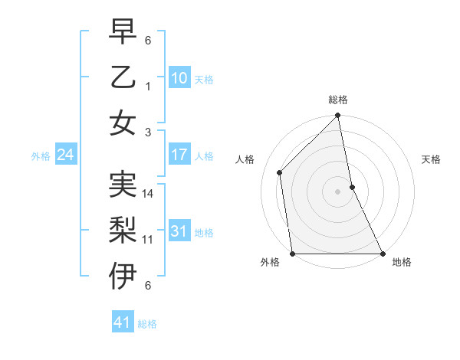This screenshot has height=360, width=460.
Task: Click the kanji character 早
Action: [x=123, y=32]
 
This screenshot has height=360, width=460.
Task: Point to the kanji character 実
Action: [x=123, y=185]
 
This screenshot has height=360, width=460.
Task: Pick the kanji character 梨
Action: [x=123, y=230]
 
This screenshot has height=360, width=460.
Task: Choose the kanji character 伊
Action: [x=123, y=276]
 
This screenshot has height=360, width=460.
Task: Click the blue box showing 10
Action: [x=179, y=77]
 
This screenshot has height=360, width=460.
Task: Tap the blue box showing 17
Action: [x=179, y=155]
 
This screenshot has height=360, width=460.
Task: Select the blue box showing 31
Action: [x=179, y=231]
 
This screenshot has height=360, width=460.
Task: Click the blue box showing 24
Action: [x=65, y=155]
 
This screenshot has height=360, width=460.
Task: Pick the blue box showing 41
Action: [x=123, y=322]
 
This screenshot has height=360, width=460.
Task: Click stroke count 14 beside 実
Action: [x=149, y=194]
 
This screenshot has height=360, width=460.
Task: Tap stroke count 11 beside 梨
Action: [x=148, y=239]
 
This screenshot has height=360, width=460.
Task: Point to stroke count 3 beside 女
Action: [x=149, y=132]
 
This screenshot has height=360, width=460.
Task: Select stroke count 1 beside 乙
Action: [x=149, y=87]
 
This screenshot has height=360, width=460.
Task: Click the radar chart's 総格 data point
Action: [x=338, y=116]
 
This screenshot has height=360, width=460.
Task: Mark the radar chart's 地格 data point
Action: [x=383, y=254]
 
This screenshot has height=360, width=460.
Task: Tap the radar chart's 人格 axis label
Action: [x=245, y=159]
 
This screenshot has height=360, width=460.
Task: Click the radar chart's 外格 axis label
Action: [x=270, y=263]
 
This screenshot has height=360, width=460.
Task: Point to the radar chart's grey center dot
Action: [x=338, y=191]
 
